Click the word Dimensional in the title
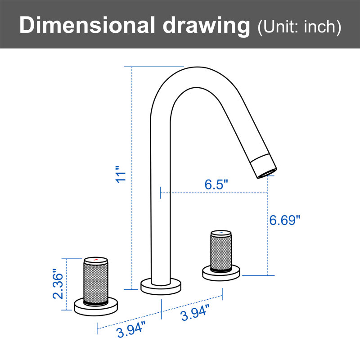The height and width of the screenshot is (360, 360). tap(87, 25)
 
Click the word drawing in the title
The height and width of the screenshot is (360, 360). tap(207, 27)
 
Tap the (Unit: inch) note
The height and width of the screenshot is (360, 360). tap(299, 27)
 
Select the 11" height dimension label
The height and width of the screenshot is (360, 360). tap(121, 174)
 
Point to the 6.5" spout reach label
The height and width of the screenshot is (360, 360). tap(216, 184)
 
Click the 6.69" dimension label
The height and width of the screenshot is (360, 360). tap(285, 220)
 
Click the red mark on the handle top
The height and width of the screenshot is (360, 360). tap(96, 260)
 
